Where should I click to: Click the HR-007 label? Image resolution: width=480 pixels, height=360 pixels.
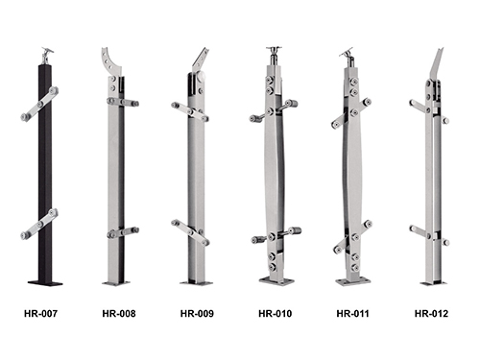[40, 313]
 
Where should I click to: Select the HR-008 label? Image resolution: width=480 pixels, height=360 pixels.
[119, 313]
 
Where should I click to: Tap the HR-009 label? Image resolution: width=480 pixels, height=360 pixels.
[197, 313]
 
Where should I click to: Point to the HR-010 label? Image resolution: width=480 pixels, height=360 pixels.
[275, 313]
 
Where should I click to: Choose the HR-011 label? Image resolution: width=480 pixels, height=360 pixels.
[352, 313]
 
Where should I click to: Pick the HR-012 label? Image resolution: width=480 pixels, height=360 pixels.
[431, 313]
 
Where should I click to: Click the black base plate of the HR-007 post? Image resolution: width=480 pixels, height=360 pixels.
[45, 283]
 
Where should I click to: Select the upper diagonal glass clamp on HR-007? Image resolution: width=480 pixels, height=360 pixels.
[39, 104]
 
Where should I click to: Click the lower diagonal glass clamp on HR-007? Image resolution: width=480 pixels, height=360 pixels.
[39, 224]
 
